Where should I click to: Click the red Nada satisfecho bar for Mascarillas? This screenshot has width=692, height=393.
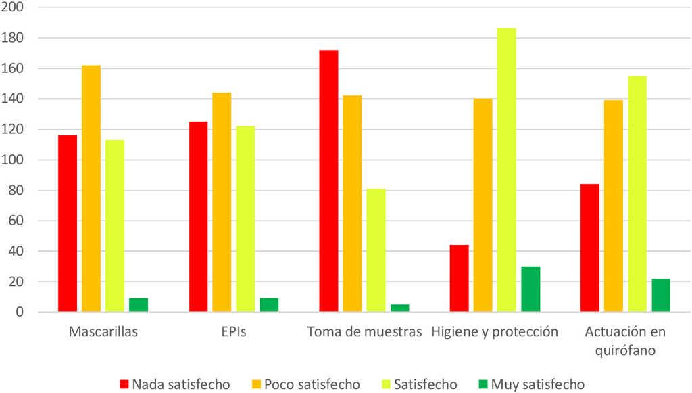click(x=68, y=223)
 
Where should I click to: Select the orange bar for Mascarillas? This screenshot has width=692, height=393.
click(x=91, y=189)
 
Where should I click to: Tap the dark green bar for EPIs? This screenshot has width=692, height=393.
click(x=269, y=305)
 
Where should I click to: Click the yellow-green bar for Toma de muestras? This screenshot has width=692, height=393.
click(x=376, y=250)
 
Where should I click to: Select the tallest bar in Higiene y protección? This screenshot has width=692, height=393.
click(x=507, y=170)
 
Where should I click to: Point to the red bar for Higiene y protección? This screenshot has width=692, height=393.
click(x=460, y=278)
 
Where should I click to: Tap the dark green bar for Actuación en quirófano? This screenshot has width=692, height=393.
click(x=661, y=295)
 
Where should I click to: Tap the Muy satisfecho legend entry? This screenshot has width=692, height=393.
click(x=530, y=384)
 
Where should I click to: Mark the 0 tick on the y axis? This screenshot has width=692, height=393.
click(x=20, y=313)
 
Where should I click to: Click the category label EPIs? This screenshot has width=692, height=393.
click(x=234, y=332)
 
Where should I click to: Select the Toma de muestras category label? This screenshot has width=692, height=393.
click(x=364, y=332)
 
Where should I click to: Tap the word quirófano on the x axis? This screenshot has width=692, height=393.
click(x=625, y=352)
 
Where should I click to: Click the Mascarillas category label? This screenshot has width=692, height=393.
click(x=103, y=332)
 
